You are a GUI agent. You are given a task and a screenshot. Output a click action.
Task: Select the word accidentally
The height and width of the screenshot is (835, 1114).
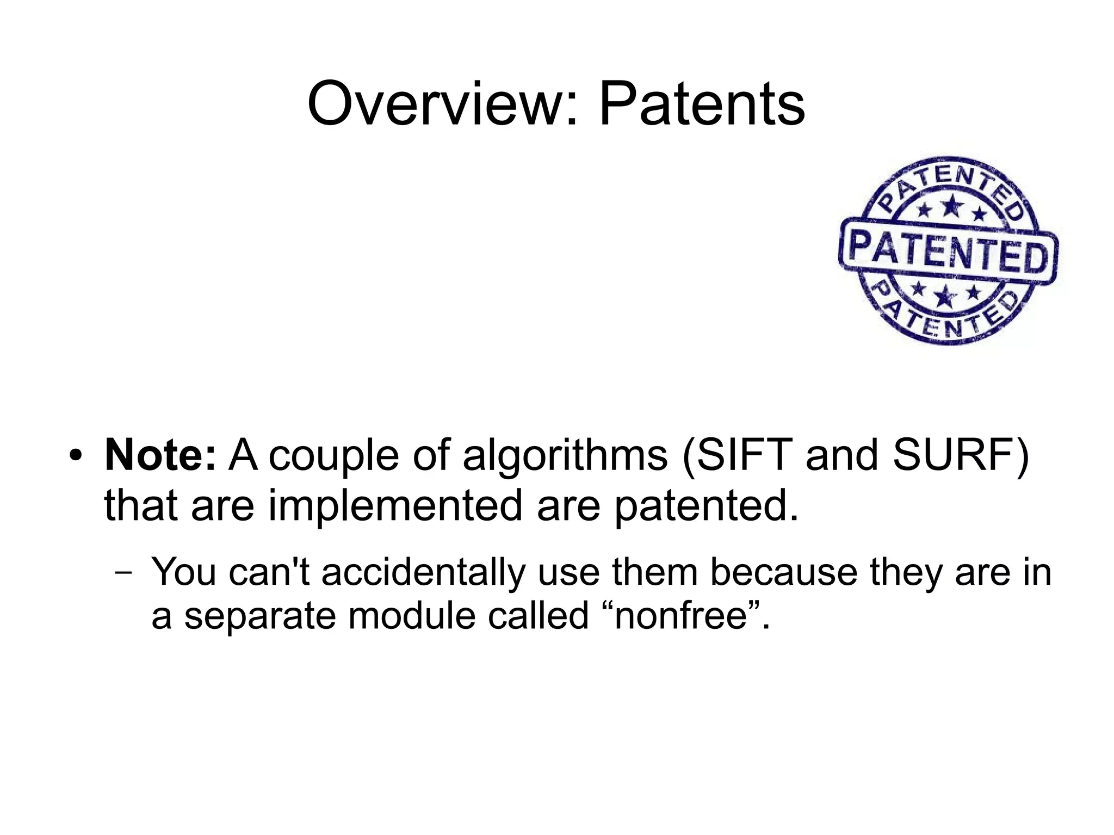coord(424,572)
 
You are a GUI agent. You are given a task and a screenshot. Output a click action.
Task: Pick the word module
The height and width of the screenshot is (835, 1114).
coord(412,616)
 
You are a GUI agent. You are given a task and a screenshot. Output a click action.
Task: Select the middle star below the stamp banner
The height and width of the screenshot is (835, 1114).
coord(945,296)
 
